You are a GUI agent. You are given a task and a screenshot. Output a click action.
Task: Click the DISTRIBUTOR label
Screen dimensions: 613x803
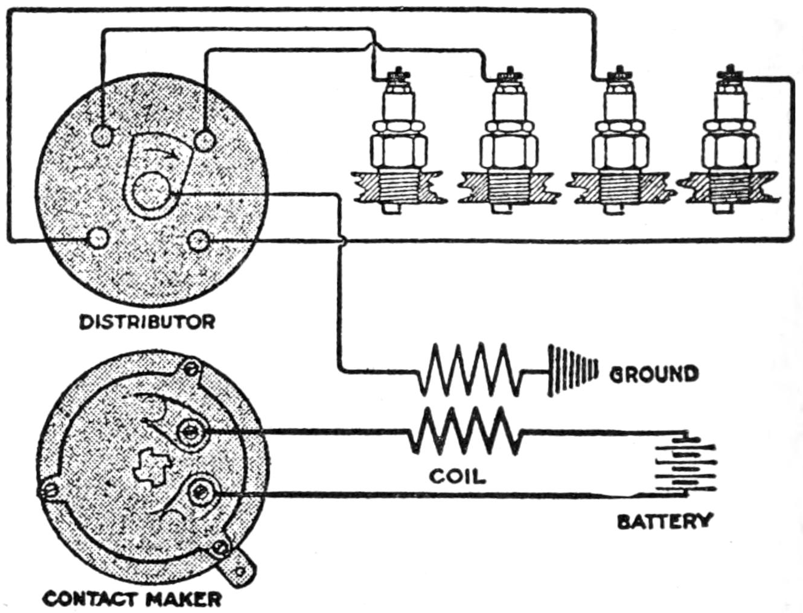pos(147,322)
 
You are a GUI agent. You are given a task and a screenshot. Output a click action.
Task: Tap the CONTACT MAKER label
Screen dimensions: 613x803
pos(132,599)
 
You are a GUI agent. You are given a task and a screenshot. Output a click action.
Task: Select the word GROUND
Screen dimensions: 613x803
pos(654,374)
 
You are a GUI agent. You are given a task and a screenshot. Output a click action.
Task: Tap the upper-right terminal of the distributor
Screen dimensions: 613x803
pos(205,141)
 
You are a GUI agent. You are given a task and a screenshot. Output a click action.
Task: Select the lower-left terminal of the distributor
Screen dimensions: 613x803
pos(96,238)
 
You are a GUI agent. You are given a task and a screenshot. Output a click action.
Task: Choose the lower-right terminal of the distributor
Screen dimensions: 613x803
pos(198,241)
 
